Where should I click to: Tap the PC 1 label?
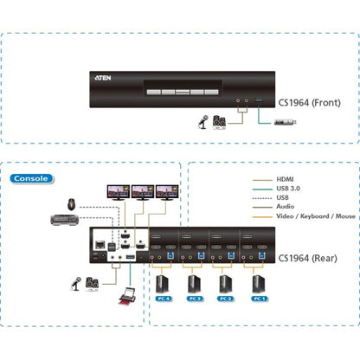(257, 298)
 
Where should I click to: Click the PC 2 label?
(225, 298)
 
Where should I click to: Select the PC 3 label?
(194, 298)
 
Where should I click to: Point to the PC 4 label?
(163, 298)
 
